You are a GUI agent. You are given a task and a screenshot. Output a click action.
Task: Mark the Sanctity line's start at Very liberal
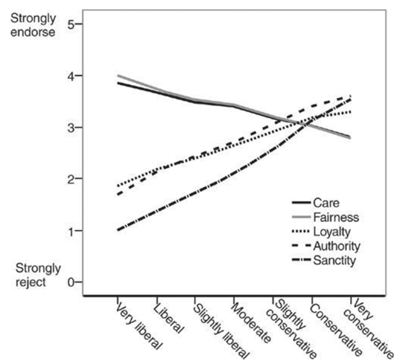[118, 230]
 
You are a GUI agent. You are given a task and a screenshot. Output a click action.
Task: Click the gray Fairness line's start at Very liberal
[118, 75]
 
